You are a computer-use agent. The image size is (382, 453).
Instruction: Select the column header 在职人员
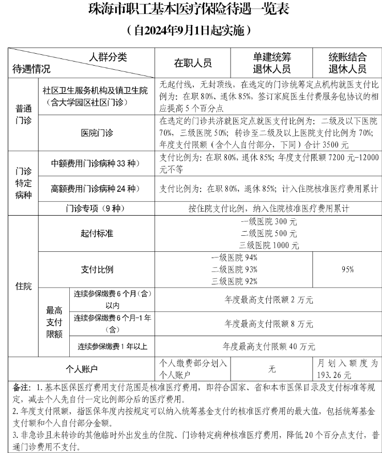193,63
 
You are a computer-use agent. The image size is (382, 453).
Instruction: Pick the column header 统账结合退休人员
347,63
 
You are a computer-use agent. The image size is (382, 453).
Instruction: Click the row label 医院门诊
97,133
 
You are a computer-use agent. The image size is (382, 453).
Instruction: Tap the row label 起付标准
97,234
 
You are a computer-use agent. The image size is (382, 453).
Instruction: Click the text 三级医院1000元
269,245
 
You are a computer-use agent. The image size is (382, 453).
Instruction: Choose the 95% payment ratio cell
347,269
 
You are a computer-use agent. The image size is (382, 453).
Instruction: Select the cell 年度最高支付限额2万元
269,299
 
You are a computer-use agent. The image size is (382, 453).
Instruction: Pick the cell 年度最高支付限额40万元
269,346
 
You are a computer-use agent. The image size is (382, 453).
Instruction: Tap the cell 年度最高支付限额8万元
269,324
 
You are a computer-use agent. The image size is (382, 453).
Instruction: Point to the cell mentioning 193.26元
347,369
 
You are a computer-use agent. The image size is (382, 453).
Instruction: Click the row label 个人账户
82,369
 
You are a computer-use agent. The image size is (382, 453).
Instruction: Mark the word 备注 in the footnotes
21,387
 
